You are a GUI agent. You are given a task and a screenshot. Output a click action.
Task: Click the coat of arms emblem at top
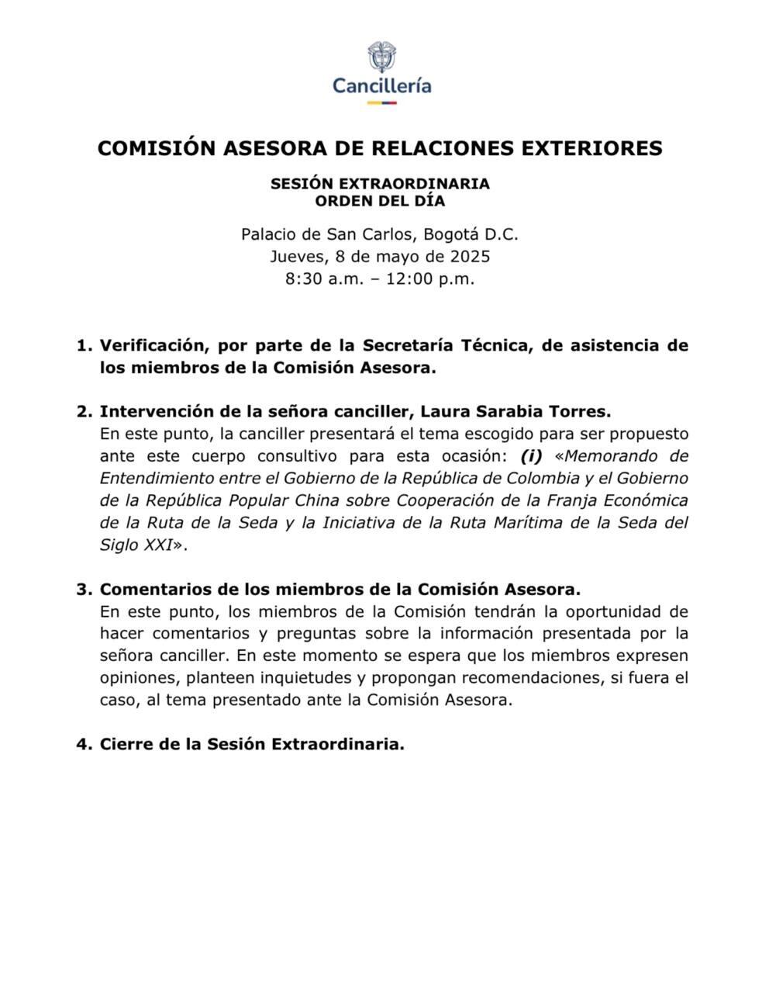[381, 57]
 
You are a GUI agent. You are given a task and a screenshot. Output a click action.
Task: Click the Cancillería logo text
[381, 85]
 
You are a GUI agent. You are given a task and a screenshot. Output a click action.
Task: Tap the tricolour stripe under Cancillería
[381, 102]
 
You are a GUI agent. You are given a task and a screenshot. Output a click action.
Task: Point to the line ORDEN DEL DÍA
[380, 201]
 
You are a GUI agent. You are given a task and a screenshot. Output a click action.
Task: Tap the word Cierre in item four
[126, 744]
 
